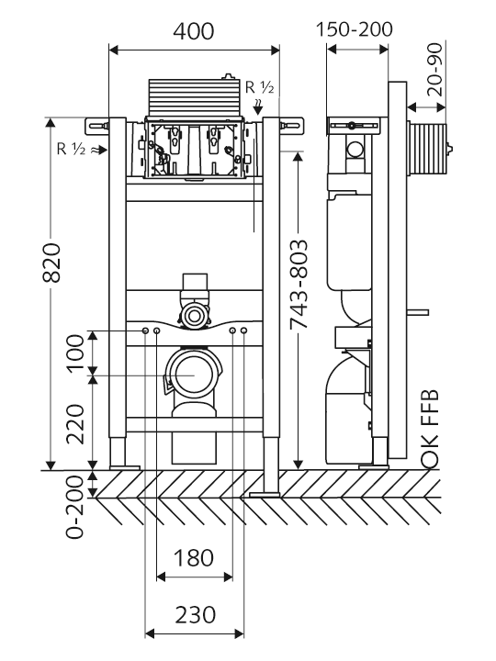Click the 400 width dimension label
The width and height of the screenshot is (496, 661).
(x=194, y=31)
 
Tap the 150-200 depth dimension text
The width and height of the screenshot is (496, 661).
(x=355, y=29)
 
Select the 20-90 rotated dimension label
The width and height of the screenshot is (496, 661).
(x=434, y=70)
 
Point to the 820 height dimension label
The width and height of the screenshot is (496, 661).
(x=52, y=263)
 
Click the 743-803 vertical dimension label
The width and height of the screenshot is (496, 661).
(x=299, y=284)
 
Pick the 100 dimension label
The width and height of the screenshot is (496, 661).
(x=76, y=353)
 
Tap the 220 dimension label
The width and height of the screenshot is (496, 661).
(x=76, y=423)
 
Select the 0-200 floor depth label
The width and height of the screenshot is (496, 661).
(x=74, y=507)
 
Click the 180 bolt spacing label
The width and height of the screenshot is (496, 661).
(x=194, y=558)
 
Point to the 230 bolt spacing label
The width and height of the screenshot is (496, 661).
(x=195, y=614)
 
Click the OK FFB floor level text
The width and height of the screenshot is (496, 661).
(x=430, y=429)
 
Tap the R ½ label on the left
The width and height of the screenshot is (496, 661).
(x=72, y=149)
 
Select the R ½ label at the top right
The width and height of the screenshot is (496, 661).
(x=260, y=87)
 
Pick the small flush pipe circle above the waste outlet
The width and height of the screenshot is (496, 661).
(x=194, y=315)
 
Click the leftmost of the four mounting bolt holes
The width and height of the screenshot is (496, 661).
(x=145, y=330)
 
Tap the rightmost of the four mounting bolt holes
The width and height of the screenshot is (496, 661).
(x=243, y=330)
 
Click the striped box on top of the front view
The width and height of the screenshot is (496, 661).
(x=194, y=97)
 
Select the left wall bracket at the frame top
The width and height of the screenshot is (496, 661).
(x=97, y=126)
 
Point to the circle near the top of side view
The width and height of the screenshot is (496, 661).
(x=355, y=150)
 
